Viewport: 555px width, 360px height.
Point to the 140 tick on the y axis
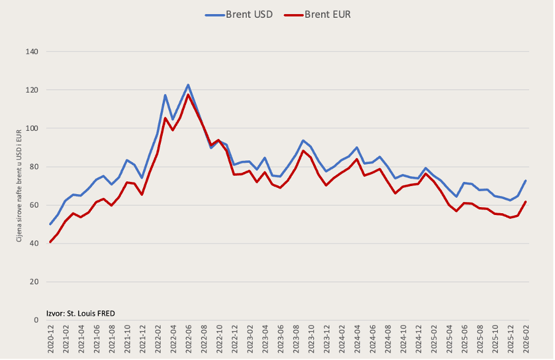pyautogui.click(x=33, y=52)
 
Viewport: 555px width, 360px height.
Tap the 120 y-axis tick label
pyautogui.click(x=33, y=90)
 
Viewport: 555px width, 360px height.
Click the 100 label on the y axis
pyautogui.click(x=33, y=128)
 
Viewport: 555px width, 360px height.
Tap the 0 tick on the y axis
pyautogui.click(x=36, y=320)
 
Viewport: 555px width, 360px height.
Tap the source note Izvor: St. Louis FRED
pyautogui.click(x=80, y=313)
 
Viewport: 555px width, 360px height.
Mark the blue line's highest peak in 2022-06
pyautogui.click(x=188, y=85)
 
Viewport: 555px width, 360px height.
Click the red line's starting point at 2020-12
pyautogui.click(x=50, y=242)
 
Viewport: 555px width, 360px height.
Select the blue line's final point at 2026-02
pyautogui.click(x=525, y=181)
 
